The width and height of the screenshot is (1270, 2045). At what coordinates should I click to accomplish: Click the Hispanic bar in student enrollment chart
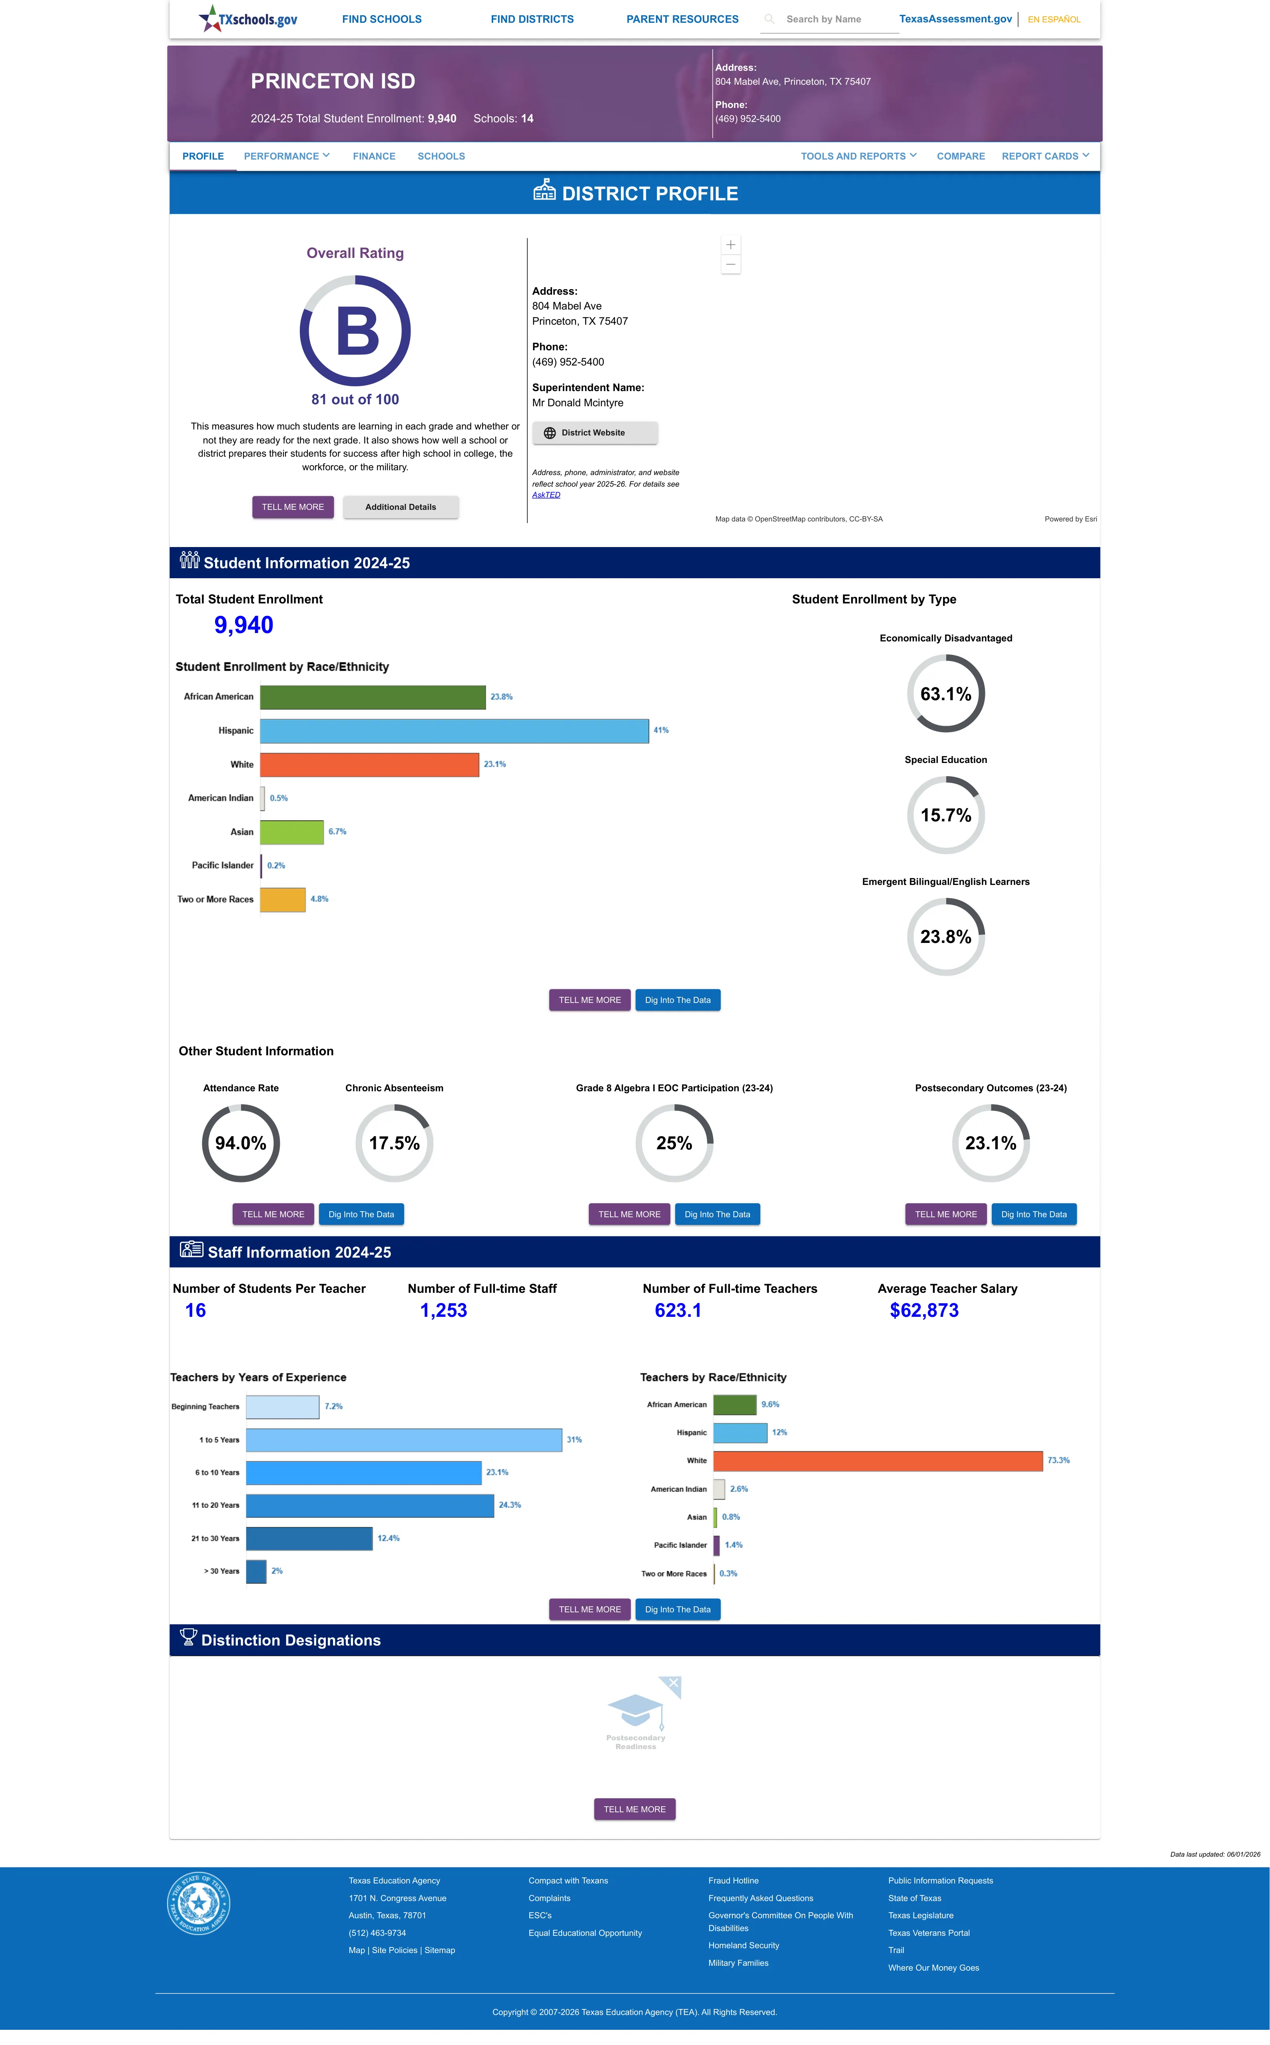coord(455,731)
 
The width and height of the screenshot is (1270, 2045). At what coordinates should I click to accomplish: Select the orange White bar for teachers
coord(878,1461)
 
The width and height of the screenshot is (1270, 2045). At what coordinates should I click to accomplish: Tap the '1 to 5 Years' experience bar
coord(404,1440)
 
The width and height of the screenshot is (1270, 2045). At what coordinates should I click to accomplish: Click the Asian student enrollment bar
coord(291,832)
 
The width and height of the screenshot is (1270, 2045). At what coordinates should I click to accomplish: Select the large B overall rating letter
coord(357,331)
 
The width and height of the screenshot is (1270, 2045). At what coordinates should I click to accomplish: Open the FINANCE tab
coord(374,156)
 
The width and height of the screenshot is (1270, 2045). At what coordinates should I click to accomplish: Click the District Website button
coord(595,433)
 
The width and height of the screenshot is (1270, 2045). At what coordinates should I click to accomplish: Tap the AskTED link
coord(546,495)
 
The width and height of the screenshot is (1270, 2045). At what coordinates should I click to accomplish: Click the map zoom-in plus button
coord(731,244)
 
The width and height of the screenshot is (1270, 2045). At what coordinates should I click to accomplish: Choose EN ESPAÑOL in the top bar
coord(1054,19)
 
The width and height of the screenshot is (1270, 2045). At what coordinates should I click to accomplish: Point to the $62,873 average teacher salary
coord(924,1311)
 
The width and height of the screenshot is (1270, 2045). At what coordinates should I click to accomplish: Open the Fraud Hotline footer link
coord(733,1881)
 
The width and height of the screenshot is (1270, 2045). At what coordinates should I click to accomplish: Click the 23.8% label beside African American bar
coord(501,697)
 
